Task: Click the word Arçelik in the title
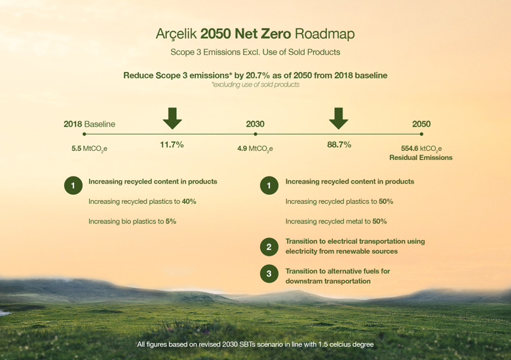point(176,34)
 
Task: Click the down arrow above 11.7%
point(172,119)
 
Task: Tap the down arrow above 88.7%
point(339,119)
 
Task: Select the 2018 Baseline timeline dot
point(85,134)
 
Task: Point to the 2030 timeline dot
point(255,134)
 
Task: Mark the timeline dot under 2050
point(421,134)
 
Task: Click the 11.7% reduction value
point(172,145)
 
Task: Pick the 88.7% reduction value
point(339,145)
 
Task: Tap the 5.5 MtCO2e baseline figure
point(89,149)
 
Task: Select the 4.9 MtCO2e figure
point(255,149)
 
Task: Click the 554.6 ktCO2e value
point(421,149)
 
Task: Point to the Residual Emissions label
point(421,158)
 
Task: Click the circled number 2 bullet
point(269,247)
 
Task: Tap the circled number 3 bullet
point(269,273)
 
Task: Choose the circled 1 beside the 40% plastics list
point(73,186)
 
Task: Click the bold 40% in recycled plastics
point(189,201)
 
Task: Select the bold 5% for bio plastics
point(171,222)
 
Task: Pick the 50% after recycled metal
point(380,222)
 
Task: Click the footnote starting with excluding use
point(255,85)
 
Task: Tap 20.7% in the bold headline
point(257,75)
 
